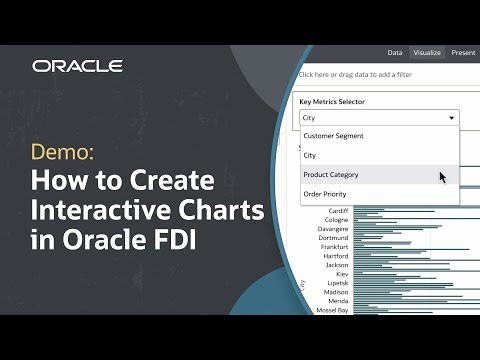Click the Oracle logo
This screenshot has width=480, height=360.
(77, 66)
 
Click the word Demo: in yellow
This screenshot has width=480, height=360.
(64, 154)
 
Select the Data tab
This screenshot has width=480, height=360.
(395, 52)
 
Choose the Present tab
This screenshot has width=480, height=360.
(463, 52)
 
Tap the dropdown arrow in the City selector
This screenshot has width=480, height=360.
(452, 117)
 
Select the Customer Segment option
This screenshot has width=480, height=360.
(333, 136)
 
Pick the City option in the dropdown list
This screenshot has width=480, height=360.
(310, 155)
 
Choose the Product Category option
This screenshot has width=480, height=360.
(331, 175)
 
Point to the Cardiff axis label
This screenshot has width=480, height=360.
(338, 211)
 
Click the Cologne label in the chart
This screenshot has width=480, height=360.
(337, 220)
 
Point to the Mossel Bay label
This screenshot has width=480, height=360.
(332, 310)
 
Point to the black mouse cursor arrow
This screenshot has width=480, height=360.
(443, 177)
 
